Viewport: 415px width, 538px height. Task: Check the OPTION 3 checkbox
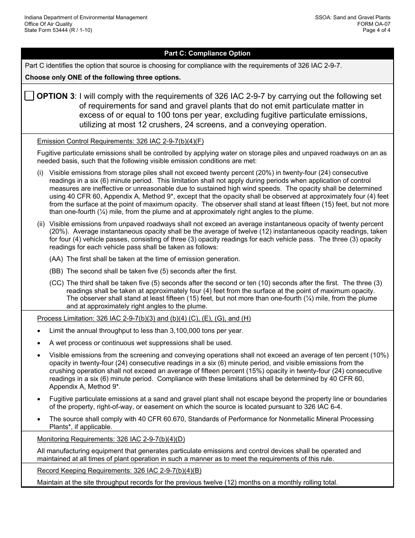[29, 96]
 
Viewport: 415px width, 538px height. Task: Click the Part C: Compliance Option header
[207, 53]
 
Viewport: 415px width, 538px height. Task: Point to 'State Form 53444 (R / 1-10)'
[58, 30]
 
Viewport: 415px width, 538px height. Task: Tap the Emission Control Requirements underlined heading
[120, 141]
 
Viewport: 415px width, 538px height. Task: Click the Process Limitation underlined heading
[144, 318]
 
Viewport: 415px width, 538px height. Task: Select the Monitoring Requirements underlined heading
[111, 439]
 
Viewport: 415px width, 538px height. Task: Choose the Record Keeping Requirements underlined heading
[119, 471]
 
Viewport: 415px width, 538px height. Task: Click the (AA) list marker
[56, 259]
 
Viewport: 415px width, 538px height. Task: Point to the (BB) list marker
[56, 271]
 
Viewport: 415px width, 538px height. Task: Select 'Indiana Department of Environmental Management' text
[86, 17]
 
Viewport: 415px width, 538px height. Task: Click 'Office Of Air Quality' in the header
[48, 24]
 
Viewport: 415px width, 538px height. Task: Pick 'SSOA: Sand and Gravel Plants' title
[353, 17]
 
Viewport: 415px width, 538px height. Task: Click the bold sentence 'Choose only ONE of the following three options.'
[103, 77]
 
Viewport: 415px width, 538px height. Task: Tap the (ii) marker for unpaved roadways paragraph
[41, 224]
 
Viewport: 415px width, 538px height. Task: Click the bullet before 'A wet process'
[40, 343]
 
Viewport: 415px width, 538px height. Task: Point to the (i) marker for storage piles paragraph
[40, 173]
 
